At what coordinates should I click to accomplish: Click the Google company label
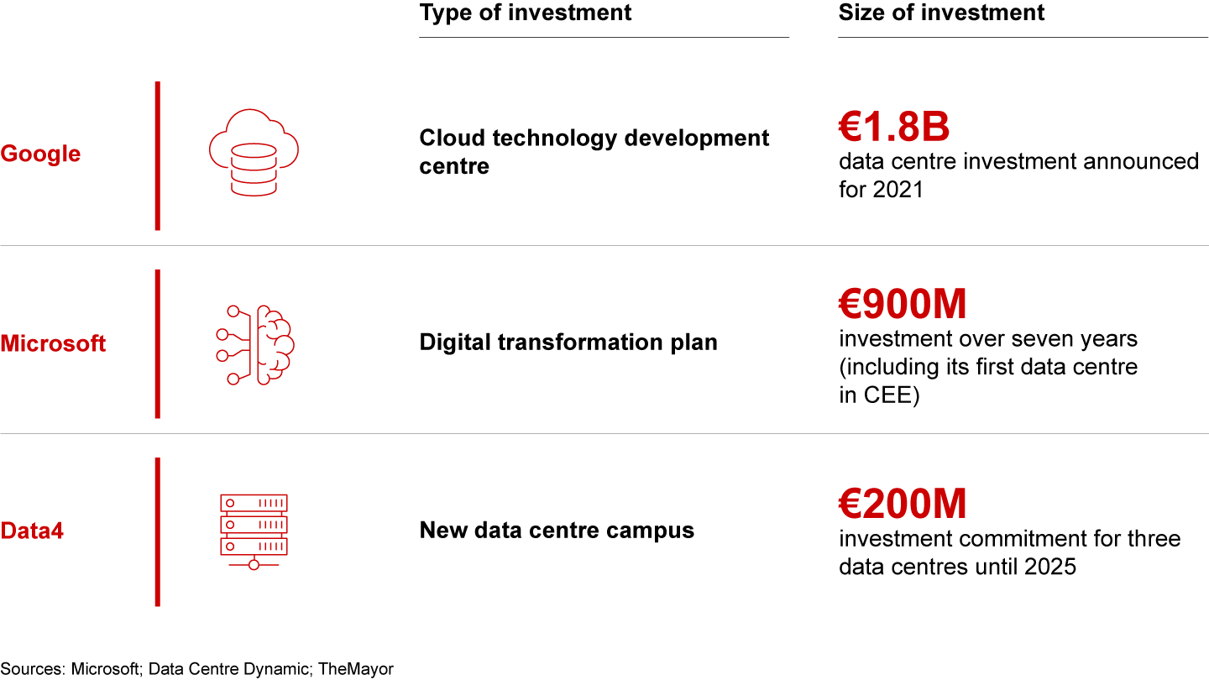[x=40, y=154]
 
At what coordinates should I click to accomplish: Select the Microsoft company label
[x=53, y=343]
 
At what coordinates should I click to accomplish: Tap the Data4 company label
[x=32, y=531]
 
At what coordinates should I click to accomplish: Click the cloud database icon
[x=254, y=152]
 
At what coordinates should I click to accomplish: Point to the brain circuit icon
[x=255, y=345]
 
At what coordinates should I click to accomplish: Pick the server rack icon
[x=254, y=531]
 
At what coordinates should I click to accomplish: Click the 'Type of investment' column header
[x=526, y=13]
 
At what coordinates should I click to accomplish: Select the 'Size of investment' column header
[x=941, y=13]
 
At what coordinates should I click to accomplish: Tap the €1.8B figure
[x=894, y=127]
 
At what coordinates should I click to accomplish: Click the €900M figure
[x=902, y=304]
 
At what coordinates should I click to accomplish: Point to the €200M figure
[x=902, y=504]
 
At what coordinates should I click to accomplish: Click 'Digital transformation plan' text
[x=568, y=343]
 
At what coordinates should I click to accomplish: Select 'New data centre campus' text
[x=557, y=531]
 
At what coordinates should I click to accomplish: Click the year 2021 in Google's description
[x=898, y=190]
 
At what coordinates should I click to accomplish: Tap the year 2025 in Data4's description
[x=1050, y=568]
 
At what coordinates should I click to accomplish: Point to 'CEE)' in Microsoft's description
[x=892, y=395]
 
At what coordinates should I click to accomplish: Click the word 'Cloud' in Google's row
[x=452, y=139]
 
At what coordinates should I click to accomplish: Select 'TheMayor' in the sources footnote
[x=356, y=669]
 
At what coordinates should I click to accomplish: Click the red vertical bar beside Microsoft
[x=158, y=344]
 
